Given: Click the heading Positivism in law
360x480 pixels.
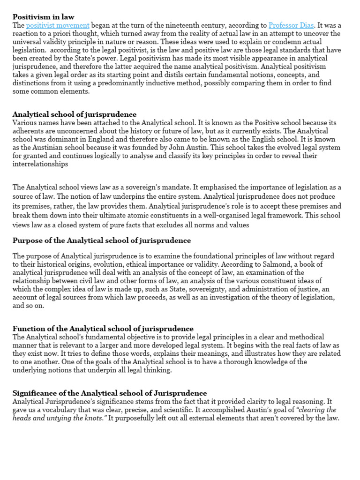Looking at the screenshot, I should click(43, 17).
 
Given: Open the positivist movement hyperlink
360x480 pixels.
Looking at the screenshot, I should click(58, 25).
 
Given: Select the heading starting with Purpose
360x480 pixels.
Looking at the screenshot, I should click(102, 240).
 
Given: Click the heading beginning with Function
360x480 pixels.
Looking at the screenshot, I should click(103, 329).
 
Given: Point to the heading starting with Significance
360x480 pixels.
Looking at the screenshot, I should click(110, 393).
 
